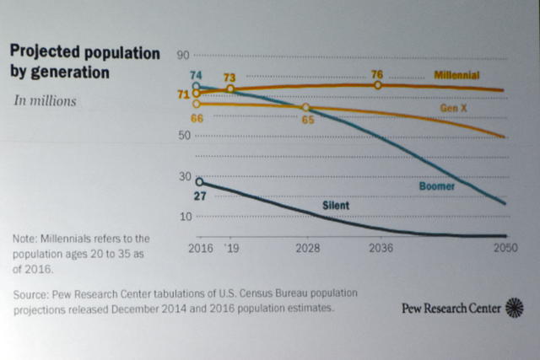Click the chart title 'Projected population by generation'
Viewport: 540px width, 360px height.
click(84, 62)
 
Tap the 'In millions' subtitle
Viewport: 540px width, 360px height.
click(45, 101)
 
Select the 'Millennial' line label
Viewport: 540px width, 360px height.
click(456, 75)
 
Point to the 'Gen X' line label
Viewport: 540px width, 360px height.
click(455, 110)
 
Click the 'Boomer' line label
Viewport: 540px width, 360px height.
click(437, 185)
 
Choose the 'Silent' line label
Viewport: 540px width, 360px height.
click(336, 205)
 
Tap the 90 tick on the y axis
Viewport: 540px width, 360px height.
click(183, 56)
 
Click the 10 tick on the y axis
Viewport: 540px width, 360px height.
click(183, 217)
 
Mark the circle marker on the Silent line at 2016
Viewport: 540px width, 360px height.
click(199, 181)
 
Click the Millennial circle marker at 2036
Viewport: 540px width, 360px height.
click(377, 85)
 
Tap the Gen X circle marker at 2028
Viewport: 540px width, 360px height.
click(305, 108)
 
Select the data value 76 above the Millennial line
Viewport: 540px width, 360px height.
click(377, 73)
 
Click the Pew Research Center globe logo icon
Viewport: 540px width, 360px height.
click(514, 308)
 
